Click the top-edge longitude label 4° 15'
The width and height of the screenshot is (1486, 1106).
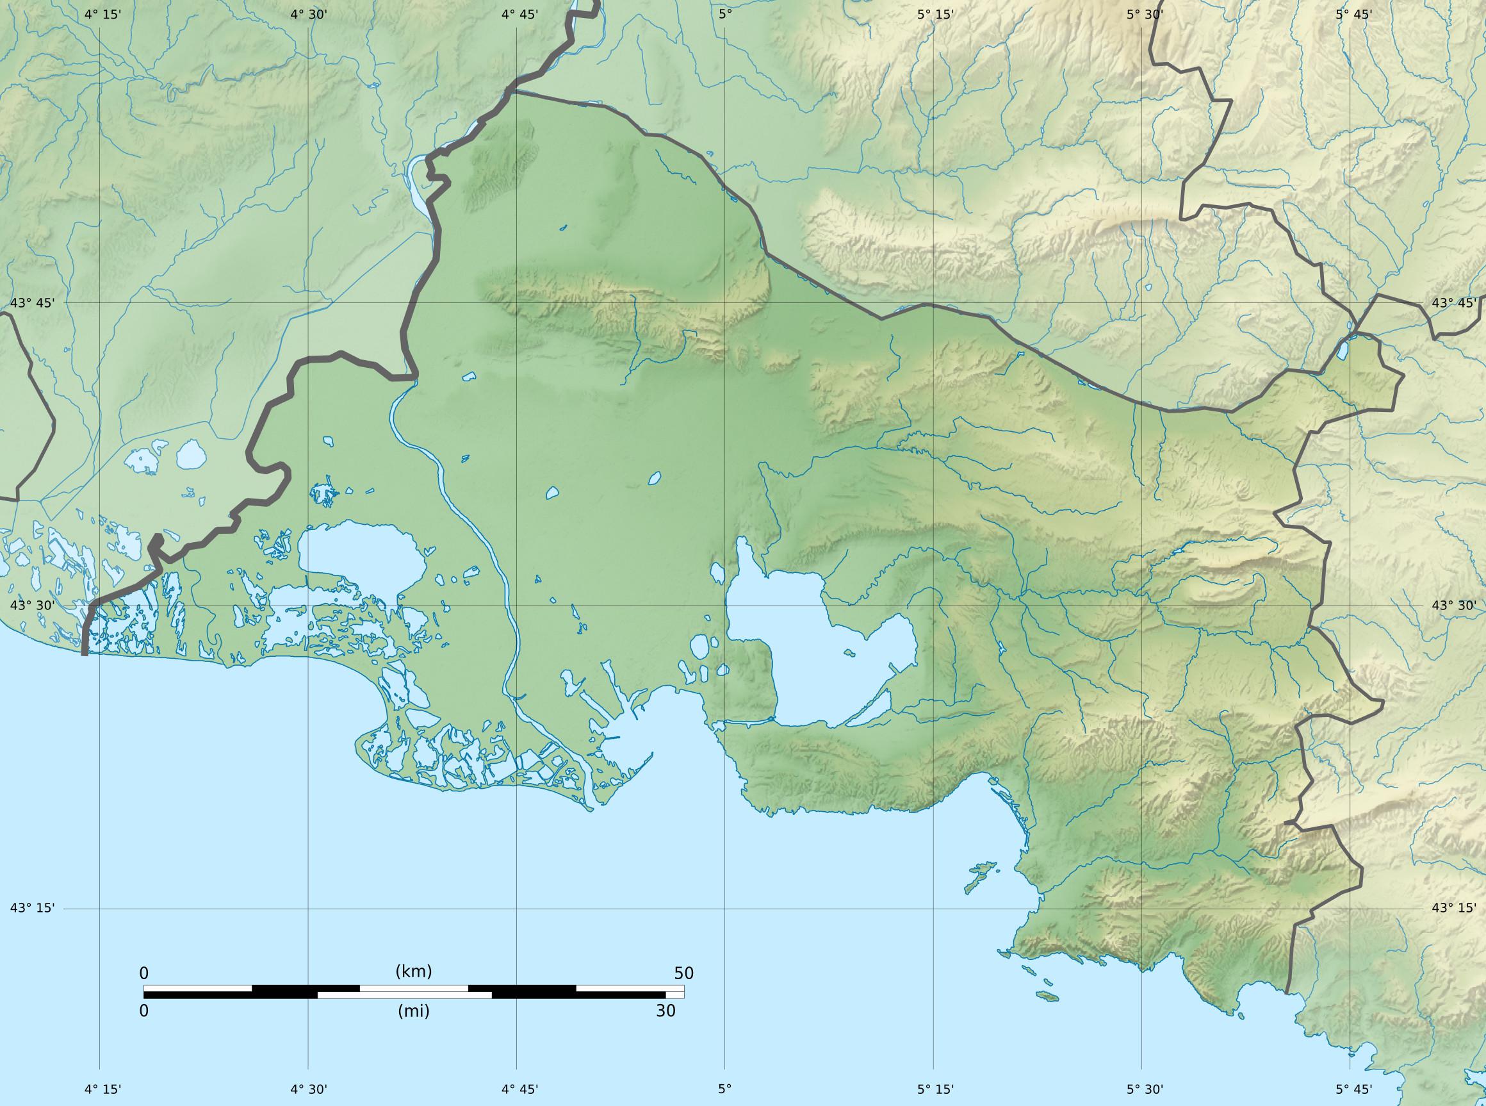pyautogui.click(x=103, y=14)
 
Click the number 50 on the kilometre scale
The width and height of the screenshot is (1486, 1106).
pyautogui.click(x=684, y=973)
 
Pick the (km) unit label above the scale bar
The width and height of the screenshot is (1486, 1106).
pyautogui.click(x=414, y=971)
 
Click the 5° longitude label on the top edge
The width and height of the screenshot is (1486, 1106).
pyautogui.click(x=725, y=14)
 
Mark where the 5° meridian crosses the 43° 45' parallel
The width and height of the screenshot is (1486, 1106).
pyautogui.click(x=724, y=302)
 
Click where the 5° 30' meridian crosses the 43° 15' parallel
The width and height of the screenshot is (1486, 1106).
pyautogui.click(x=1142, y=909)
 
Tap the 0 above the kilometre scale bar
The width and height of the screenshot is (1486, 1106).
pyautogui.click(x=144, y=973)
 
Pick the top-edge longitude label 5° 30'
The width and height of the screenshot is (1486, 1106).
pyautogui.click(x=1143, y=14)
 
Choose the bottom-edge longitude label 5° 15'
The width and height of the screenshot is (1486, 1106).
pyautogui.click(x=935, y=1089)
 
